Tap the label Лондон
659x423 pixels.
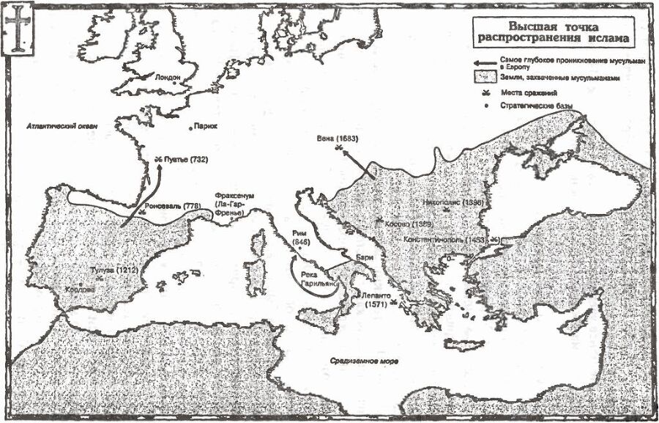click(168, 76)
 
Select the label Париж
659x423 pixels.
click(206, 126)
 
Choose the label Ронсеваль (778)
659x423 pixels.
click(172, 206)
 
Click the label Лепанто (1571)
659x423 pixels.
click(369, 299)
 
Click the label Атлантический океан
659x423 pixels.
click(62, 126)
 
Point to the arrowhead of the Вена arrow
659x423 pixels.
click(343, 151)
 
